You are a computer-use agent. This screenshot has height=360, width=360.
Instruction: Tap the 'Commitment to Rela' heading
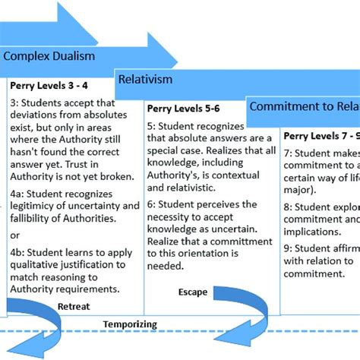pyautogui.click(x=304, y=107)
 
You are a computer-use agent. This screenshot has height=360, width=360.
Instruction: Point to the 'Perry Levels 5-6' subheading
pyautogui.click(x=185, y=109)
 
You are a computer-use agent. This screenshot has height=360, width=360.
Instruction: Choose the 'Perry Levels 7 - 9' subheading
pyautogui.click(x=320, y=136)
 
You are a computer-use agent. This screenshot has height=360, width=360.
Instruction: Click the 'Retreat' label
pyautogui.click(x=74, y=306)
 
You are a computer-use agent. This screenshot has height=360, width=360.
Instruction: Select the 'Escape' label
pyautogui.click(x=192, y=292)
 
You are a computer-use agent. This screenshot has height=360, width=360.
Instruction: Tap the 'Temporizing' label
pyautogui.click(x=131, y=324)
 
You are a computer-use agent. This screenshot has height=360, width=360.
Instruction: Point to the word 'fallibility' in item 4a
pyautogui.click(x=35, y=219)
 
